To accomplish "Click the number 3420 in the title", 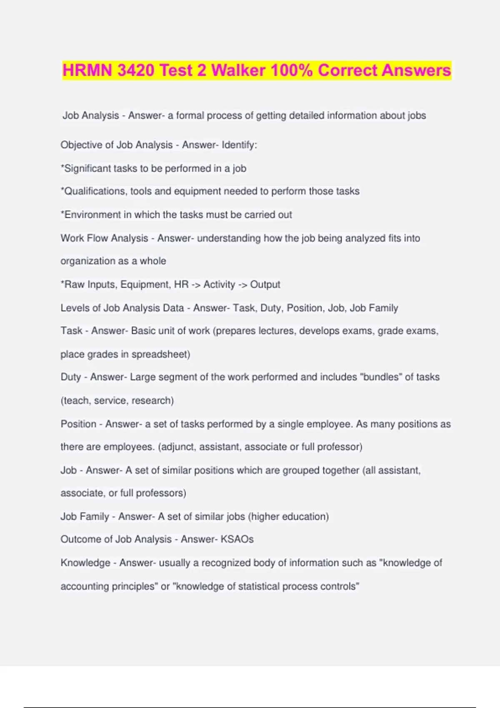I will (136, 70).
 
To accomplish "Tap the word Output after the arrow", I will (265, 284).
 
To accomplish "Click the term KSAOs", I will (237, 539).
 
